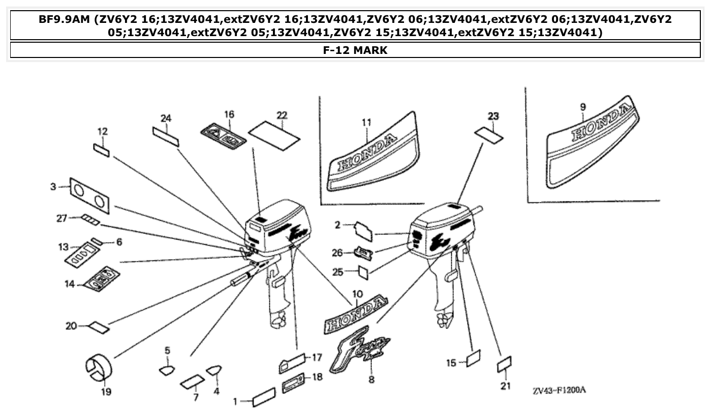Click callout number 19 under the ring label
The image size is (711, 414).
pyautogui.click(x=106, y=392)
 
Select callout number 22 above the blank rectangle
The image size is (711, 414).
pyautogui.click(x=282, y=115)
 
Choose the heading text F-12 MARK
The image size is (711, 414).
pyautogui.click(x=355, y=50)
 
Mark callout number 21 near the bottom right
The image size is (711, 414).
pyautogui.click(x=505, y=386)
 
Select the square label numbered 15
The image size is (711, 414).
pyautogui.click(x=473, y=358)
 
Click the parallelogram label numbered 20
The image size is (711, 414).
pyautogui.click(x=99, y=327)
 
